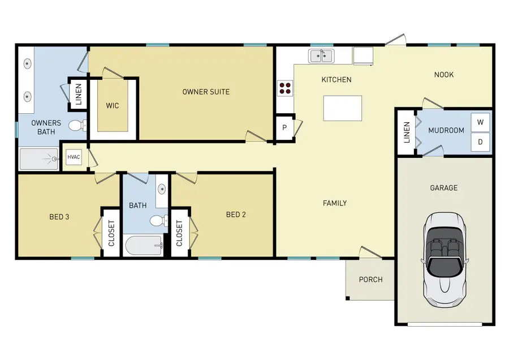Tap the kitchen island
(342, 108)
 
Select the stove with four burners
(284, 88)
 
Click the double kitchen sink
(321, 55)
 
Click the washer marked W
(480, 122)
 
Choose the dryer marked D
(480, 142)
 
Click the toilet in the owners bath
(77, 125)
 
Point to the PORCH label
(370, 280)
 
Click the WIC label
(113, 106)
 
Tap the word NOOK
(444, 75)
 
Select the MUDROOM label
(446, 130)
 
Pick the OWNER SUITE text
(206, 91)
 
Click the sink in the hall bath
(162, 189)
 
